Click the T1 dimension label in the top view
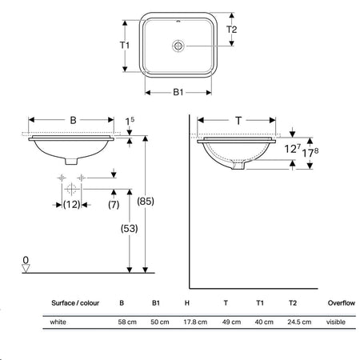[x=125, y=46]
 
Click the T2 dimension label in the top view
[x=231, y=30]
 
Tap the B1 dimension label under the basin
[x=178, y=92]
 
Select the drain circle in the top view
[x=178, y=46]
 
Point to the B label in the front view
[x=73, y=120]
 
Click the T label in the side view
[x=238, y=121]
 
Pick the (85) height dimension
[x=146, y=201]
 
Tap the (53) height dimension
[x=129, y=229]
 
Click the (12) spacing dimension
[x=71, y=205]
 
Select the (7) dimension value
[x=114, y=205]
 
